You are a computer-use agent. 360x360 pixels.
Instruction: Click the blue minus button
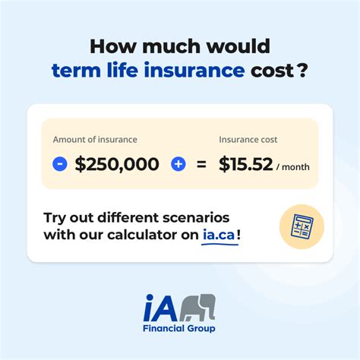(x=60, y=163)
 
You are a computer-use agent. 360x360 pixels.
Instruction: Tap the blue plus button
(x=179, y=163)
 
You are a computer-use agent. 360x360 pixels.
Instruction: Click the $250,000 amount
(x=117, y=163)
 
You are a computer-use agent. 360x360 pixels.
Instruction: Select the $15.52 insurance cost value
(x=245, y=163)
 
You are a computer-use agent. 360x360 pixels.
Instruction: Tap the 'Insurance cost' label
(x=248, y=140)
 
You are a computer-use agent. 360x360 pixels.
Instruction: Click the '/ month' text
(x=292, y=166)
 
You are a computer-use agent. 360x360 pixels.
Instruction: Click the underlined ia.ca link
(x=219, y=235)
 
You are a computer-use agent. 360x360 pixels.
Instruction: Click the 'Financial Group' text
(x=179, y=328)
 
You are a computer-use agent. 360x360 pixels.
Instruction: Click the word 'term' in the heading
(x=74, y=71)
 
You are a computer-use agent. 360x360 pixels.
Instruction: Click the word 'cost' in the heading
(x=273, y=71)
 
